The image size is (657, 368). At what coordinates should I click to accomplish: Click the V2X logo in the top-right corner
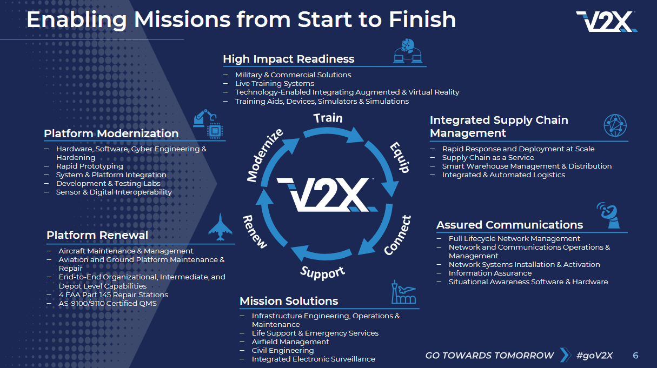click(606, 21)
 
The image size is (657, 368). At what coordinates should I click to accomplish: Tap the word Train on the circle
click(328, 117)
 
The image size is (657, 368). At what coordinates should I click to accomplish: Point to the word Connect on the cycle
click(398, 235)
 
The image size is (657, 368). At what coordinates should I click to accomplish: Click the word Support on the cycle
click(322, 271)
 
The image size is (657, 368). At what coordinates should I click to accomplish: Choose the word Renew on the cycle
click(255, 231)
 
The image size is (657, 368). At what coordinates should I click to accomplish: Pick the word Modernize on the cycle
click(265, 156)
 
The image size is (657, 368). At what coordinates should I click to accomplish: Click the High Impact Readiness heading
click(288, 59)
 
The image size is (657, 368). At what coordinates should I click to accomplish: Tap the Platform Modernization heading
click(111, 133)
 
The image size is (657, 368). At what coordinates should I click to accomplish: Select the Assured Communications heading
click(509, 225)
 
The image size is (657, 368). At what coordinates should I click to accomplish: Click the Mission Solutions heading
click(289, 301)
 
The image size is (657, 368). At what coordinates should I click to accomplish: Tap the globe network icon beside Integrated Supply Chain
click(615, 125)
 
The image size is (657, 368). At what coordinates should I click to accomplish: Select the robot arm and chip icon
click(208, 123)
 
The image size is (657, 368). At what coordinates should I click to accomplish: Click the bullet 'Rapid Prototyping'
click(90, 166)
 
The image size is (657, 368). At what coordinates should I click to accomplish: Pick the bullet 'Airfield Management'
click(290, 342)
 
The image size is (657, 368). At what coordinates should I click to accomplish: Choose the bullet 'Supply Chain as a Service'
click(488, 157)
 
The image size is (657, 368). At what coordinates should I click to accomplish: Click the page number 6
click(635, 356)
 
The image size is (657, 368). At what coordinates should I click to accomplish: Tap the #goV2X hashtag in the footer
click(594, 356)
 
